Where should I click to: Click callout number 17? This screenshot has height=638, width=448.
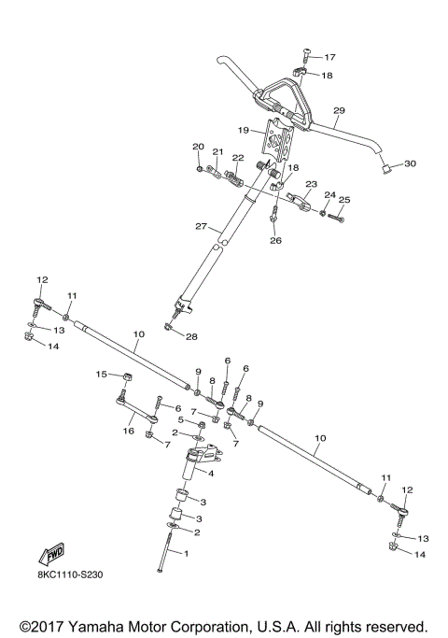point(329,57)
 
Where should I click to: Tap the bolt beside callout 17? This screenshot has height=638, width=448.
point(307,56)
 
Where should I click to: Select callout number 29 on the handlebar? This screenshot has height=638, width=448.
point(339,110)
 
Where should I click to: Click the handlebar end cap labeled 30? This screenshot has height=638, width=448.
point(386,167)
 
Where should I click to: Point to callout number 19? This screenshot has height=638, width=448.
point(243,130)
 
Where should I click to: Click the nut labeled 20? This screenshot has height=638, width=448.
point(199,168)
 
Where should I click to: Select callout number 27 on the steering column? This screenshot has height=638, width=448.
point(202,226)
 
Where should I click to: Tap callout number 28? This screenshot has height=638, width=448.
point(191,336)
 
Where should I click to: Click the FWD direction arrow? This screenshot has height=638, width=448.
point(51,554)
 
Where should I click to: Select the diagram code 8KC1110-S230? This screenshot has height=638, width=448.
point(70,574)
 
